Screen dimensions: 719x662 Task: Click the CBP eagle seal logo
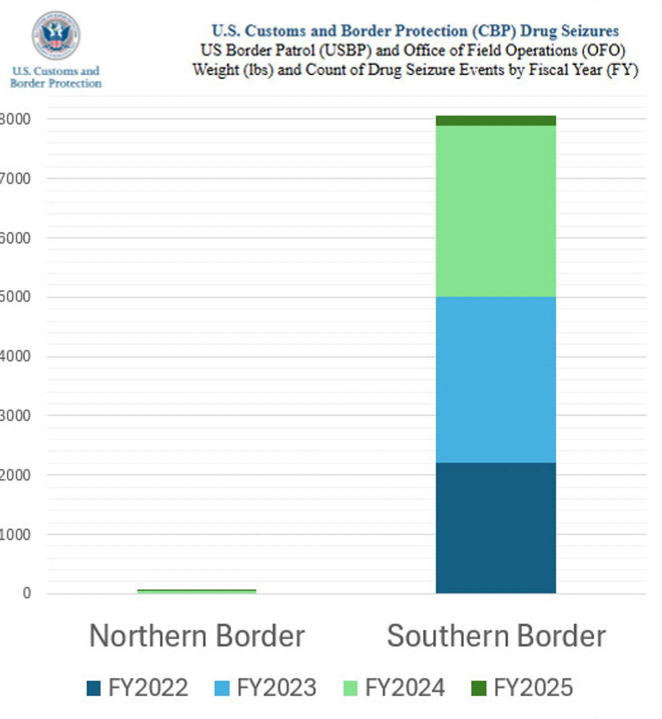[x=55, y=34]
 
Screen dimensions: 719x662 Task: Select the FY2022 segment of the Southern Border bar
[x=496, y=528]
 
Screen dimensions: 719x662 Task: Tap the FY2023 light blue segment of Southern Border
[x=496, y=379]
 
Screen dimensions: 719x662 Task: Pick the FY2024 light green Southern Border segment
[x=496, y=211]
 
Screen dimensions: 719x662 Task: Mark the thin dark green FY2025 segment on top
[x=496, y=120]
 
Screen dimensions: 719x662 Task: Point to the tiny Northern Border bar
[x=197, y=591]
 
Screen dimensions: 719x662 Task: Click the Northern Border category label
[x=197, y=636]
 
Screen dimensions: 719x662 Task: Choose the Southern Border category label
[x=496, y=636]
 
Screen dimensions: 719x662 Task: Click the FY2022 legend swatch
[x=94, y=689]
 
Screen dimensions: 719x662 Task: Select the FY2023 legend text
[x=276, y=688]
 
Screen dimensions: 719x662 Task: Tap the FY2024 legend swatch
[x=351, y=689]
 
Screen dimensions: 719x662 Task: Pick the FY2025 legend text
[x=533, y=688]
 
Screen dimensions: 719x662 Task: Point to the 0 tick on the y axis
[x=27, y=593]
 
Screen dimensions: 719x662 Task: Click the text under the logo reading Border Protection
[x=55, y=83]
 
